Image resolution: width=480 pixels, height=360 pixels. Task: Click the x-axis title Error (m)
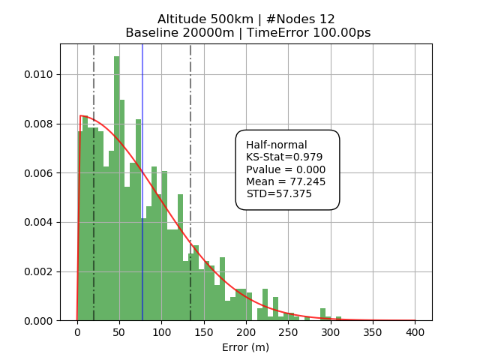(245, 347)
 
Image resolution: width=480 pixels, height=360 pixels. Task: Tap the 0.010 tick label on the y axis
(39, 75)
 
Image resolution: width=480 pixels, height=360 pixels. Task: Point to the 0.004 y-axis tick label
(39, 223)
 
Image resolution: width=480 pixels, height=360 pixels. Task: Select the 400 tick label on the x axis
(415, 332)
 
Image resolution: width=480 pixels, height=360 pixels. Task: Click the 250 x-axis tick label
(288, 332)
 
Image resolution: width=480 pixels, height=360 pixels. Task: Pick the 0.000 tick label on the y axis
(39, 321)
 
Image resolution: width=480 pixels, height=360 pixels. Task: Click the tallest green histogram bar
(117, 187)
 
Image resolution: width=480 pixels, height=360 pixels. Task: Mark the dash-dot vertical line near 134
(190, 150)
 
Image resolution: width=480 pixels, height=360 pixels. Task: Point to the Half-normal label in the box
(277, 145)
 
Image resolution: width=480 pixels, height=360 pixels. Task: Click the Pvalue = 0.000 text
(286, 169)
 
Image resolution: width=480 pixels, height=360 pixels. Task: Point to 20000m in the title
(204, 33)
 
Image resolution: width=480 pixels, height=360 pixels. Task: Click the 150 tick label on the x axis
(203, 332)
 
